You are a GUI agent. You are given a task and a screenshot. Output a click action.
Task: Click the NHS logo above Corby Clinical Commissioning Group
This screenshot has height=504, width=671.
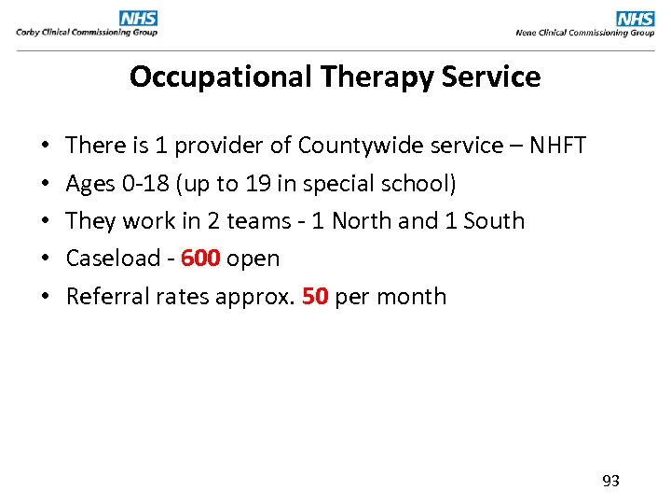[138, 18]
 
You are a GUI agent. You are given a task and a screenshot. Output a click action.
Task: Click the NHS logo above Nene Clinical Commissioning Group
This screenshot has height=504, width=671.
[636, 18]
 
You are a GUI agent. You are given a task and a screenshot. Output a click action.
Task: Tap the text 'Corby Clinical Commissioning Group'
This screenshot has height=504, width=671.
[87, 33]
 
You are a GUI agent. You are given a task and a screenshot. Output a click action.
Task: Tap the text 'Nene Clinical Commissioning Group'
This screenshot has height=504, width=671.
[585, 33]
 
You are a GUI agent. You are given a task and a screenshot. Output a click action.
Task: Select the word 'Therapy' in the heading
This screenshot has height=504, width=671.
[370, 77]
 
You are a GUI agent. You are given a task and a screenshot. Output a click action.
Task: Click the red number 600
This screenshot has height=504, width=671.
[200, 259]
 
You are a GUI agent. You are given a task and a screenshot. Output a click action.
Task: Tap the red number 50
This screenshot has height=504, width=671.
[315, 297]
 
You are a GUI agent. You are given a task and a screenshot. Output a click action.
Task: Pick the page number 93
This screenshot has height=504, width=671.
[611, 481]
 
